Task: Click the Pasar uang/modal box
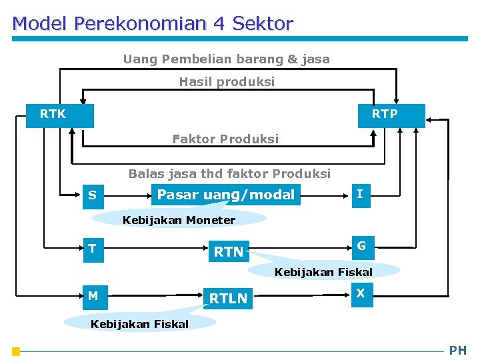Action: click(x=225, y=195)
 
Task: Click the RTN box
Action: click(x=229, y=251)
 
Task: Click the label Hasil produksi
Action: click(x=227, y=82)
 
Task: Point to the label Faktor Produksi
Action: click(x=225, y=139)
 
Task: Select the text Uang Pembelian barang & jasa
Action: click(x=226, y=59)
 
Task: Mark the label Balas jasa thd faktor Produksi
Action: click(x=229, y=174)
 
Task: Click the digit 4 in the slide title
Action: click(x=219, y=24)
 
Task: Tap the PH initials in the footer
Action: click(x=458, y=351)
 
